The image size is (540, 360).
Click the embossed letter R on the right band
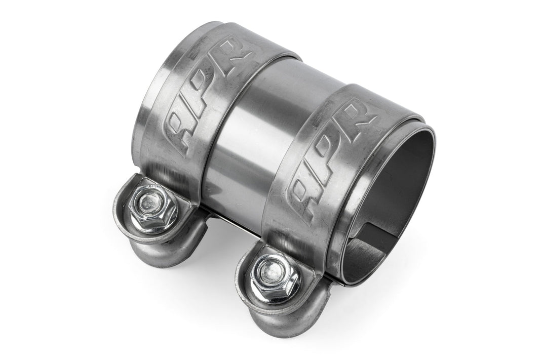tap(361, 116)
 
